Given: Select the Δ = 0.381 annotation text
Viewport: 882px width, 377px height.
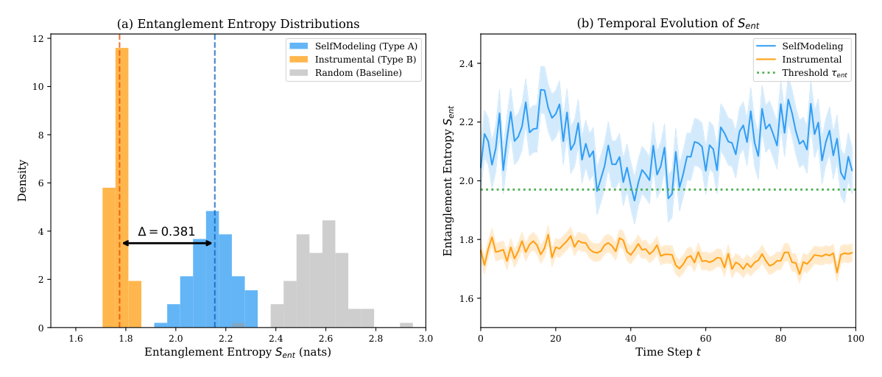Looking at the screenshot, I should (166, 231).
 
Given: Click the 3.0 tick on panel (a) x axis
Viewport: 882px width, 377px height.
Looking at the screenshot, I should (426, 338).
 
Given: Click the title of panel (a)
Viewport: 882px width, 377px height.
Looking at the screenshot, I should (239, 24).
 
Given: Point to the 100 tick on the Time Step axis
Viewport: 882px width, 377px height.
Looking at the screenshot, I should (855, 338).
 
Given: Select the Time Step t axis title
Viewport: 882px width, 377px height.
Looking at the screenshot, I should (668, 353).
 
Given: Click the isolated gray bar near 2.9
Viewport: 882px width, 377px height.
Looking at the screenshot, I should (406, 325).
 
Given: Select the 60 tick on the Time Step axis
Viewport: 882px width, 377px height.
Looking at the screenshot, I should (705, 338).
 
